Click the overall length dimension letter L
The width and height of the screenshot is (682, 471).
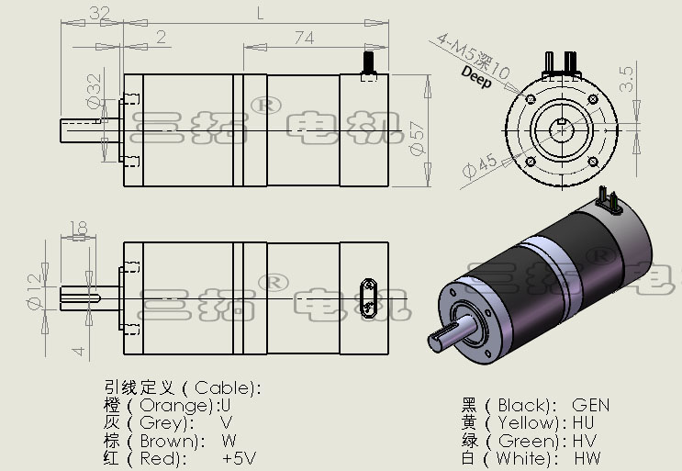[261, 13]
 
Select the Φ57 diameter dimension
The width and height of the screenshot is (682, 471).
[418, 134]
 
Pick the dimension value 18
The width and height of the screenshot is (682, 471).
[78, 228]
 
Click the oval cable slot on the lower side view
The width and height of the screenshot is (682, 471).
[368, 295]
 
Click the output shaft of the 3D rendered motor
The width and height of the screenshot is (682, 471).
[452, 335]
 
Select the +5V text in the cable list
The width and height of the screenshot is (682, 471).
[239, 457]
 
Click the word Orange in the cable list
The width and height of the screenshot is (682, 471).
[174, 405]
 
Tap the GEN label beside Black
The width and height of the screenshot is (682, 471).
[590, 405]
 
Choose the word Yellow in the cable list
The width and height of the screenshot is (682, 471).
[526, 422]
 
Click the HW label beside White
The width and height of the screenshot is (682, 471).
[590, 457]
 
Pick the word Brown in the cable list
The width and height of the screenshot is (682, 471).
[172, 440]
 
